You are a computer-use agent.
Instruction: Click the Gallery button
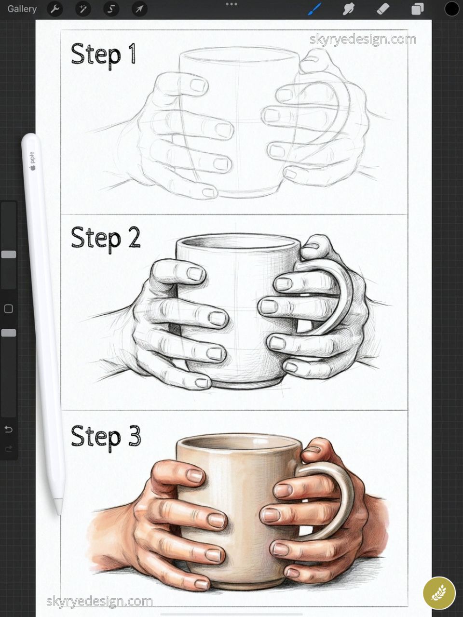coord(22,9)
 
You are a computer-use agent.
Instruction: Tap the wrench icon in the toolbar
coord(55,9)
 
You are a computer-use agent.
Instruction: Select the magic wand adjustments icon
coord(83,9)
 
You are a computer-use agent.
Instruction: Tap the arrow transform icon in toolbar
coord(139,9)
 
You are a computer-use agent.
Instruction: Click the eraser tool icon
coord(382,9)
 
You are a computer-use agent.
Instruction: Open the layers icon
coord(417,9)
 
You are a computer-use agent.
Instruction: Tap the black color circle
coord(451,9)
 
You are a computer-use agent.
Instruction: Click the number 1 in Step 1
coord(131,54)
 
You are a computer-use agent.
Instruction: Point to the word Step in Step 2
coord(95,238)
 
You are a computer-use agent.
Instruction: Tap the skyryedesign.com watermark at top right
coord(363,40)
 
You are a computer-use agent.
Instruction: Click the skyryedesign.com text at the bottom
coord(99,601)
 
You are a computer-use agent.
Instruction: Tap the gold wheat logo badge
coord(439,593)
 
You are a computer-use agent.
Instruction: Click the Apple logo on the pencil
coord(33,168)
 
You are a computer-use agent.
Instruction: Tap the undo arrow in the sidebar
coord(8,429)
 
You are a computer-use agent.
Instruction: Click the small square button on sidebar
coord(8,308)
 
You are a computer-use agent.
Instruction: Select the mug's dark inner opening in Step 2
coord(236,243)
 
